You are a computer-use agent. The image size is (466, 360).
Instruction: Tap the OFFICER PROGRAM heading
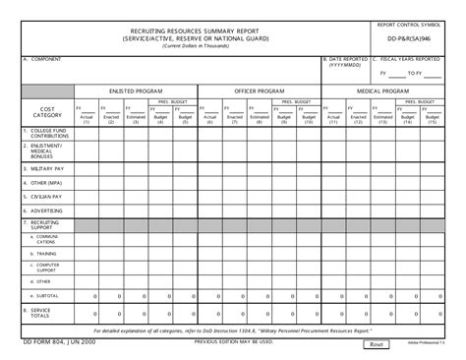pos(259,90)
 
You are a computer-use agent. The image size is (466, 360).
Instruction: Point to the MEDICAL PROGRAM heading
pos(382,90)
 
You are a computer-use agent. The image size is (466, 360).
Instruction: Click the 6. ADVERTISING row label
pos(40,210)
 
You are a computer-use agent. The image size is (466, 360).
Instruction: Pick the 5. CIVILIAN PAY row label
pos(38,196)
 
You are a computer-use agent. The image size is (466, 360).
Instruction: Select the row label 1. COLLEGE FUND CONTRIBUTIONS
pos(45,132)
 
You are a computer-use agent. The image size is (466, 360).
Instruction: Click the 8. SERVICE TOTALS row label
pos(40,312)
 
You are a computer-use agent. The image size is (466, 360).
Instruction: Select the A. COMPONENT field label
pos(43,59)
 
